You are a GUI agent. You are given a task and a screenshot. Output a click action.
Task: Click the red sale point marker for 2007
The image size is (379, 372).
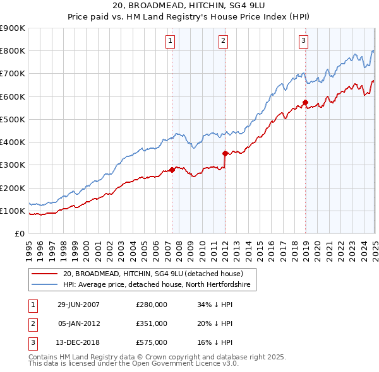tap(172, 170)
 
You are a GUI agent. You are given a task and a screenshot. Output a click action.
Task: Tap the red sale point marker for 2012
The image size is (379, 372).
tap(225, 153)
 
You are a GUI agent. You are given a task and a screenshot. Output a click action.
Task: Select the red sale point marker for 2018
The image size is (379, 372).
tap(305, 102)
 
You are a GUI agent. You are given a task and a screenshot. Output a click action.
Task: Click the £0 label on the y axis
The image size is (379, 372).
tap(20, 233)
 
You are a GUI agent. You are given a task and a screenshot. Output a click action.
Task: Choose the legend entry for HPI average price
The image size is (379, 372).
tap(156, 285)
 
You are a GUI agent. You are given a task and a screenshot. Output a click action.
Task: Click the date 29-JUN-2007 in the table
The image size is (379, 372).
tap(79, 305)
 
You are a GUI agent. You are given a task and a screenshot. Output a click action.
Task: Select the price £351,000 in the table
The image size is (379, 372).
tap(151, 323)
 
